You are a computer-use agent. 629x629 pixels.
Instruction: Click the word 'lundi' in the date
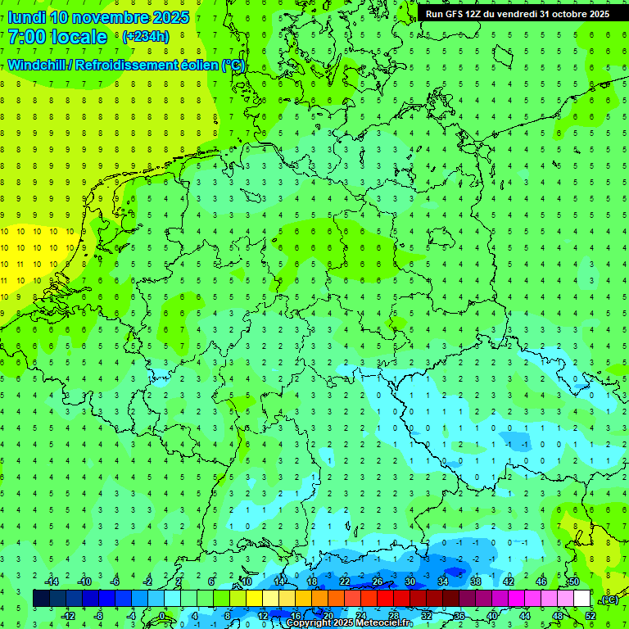pyautogui.click(x=25, y=16)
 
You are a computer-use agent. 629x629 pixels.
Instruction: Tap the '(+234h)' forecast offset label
pyautogui.click(x=146, y=36)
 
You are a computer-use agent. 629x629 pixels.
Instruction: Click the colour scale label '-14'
pyautogui.click(x=52, y=581)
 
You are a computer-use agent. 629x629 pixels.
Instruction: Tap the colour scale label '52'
pyautogui.click(x=590, y=616)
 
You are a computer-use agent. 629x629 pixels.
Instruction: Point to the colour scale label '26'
pyautogui.click(x=377, y=581)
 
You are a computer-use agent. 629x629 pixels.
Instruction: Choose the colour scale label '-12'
pyautogui.click(x=68, y=616)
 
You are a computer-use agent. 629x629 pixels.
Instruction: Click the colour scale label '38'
pyautogui.click(x=475, y=581)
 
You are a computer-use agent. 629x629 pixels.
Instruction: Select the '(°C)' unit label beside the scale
pyautogui.click(x=609, y=599)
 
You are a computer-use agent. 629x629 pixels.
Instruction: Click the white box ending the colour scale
pyautogui.click(x=581, y=599)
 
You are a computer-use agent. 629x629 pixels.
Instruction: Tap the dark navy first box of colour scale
pyautogui.click(x=41, y=599)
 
